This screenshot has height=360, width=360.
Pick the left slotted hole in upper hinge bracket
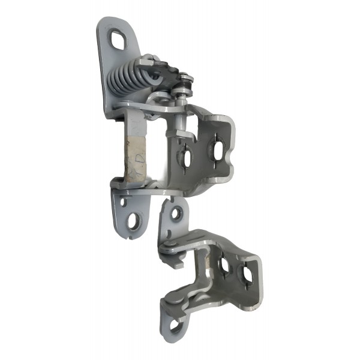pos(185,158)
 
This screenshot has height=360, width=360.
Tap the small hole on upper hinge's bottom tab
pos(124,202)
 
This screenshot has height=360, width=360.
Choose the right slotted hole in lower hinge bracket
pos(246,273)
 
